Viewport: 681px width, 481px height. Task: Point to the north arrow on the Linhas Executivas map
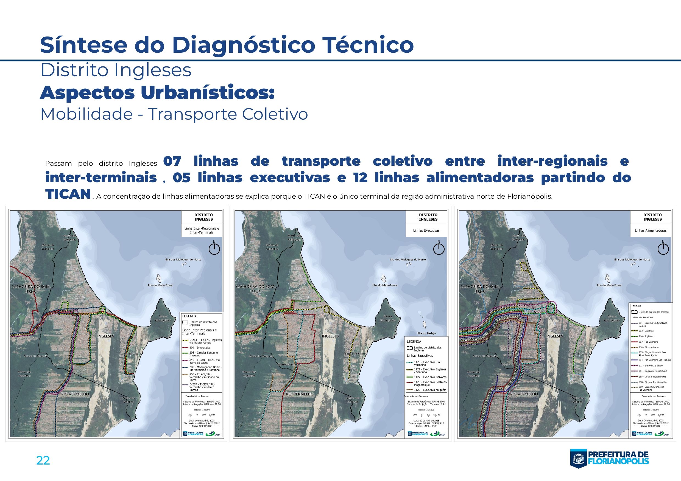[439, 248]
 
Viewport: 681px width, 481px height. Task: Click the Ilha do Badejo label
[426, 333]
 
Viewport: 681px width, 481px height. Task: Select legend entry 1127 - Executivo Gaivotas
[430, 377]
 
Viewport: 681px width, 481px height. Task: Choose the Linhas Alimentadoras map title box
[651, 230]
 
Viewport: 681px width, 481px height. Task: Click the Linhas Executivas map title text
[426, 230]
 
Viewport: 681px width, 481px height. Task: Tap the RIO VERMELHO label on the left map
[75, 394]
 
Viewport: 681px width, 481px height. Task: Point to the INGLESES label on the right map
[554, 336]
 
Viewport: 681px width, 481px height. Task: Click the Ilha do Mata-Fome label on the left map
[160, 285]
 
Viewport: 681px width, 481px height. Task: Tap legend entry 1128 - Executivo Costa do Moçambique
[430, 384]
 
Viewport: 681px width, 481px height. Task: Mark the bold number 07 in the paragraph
[172, 162]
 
